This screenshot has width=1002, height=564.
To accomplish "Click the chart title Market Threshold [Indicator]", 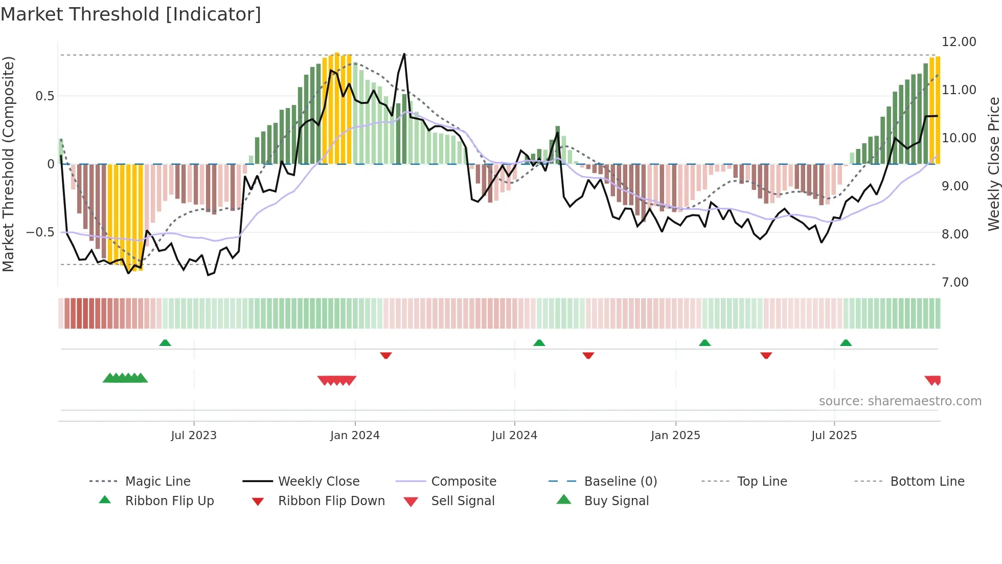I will [131, 14].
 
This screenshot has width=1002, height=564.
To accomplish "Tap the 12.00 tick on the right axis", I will [959, 42].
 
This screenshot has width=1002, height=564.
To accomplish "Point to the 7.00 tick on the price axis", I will [955, 283].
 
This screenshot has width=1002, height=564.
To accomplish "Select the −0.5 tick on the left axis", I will [40, 232].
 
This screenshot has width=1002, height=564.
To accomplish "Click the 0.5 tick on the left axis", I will [44, 96].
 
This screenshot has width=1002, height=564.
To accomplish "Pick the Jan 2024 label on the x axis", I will [355, 436].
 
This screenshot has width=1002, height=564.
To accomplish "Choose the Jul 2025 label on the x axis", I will [834, 436].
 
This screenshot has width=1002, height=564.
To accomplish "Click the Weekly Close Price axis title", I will [993, 164].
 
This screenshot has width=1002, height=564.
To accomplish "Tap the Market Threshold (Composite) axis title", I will [8, 164].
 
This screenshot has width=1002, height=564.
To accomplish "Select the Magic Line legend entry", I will [157, 482].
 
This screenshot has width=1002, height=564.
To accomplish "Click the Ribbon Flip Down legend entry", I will [331, 501].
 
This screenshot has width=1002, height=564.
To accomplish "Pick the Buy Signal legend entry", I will [616, 501].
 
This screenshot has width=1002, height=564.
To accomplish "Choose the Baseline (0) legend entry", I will [620, 482].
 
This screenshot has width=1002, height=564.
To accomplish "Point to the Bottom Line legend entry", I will [927, 482].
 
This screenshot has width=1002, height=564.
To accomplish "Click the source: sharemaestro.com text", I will [900, 401].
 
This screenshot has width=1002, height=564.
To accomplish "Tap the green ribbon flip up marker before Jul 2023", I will [165, 343].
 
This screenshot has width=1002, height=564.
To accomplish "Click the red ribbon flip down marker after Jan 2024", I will [386, 355].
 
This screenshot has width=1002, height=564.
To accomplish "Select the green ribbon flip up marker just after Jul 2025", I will [846, 343].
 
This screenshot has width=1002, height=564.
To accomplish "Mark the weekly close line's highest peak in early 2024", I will [404, 54].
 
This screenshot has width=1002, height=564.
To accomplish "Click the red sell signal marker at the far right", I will [933, 380].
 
